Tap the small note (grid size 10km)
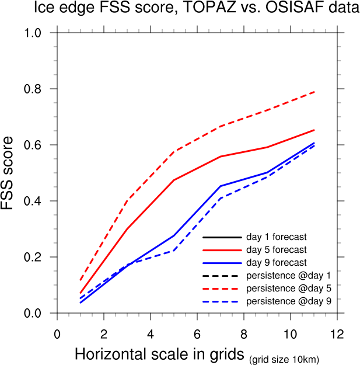coord(285,359)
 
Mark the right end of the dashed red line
coord(314,92)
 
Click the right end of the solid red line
coord(314,130)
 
